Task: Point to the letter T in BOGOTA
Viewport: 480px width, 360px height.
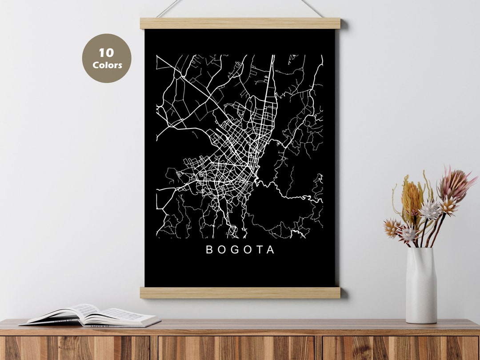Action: point(260,250)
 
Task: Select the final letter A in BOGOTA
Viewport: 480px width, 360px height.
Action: point(271,250)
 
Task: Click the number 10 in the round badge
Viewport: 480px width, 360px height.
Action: point(106,53)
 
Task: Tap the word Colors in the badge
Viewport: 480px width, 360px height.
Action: point(107,65)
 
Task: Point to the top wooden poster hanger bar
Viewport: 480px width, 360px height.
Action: point(240,23)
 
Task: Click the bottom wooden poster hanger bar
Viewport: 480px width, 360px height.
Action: point(240,292)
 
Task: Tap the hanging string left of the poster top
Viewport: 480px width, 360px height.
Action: point(169,8)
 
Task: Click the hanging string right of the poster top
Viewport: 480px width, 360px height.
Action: point(312,8)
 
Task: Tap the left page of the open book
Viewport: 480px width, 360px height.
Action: point(67,313)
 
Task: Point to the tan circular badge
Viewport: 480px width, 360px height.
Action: point(107,58)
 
